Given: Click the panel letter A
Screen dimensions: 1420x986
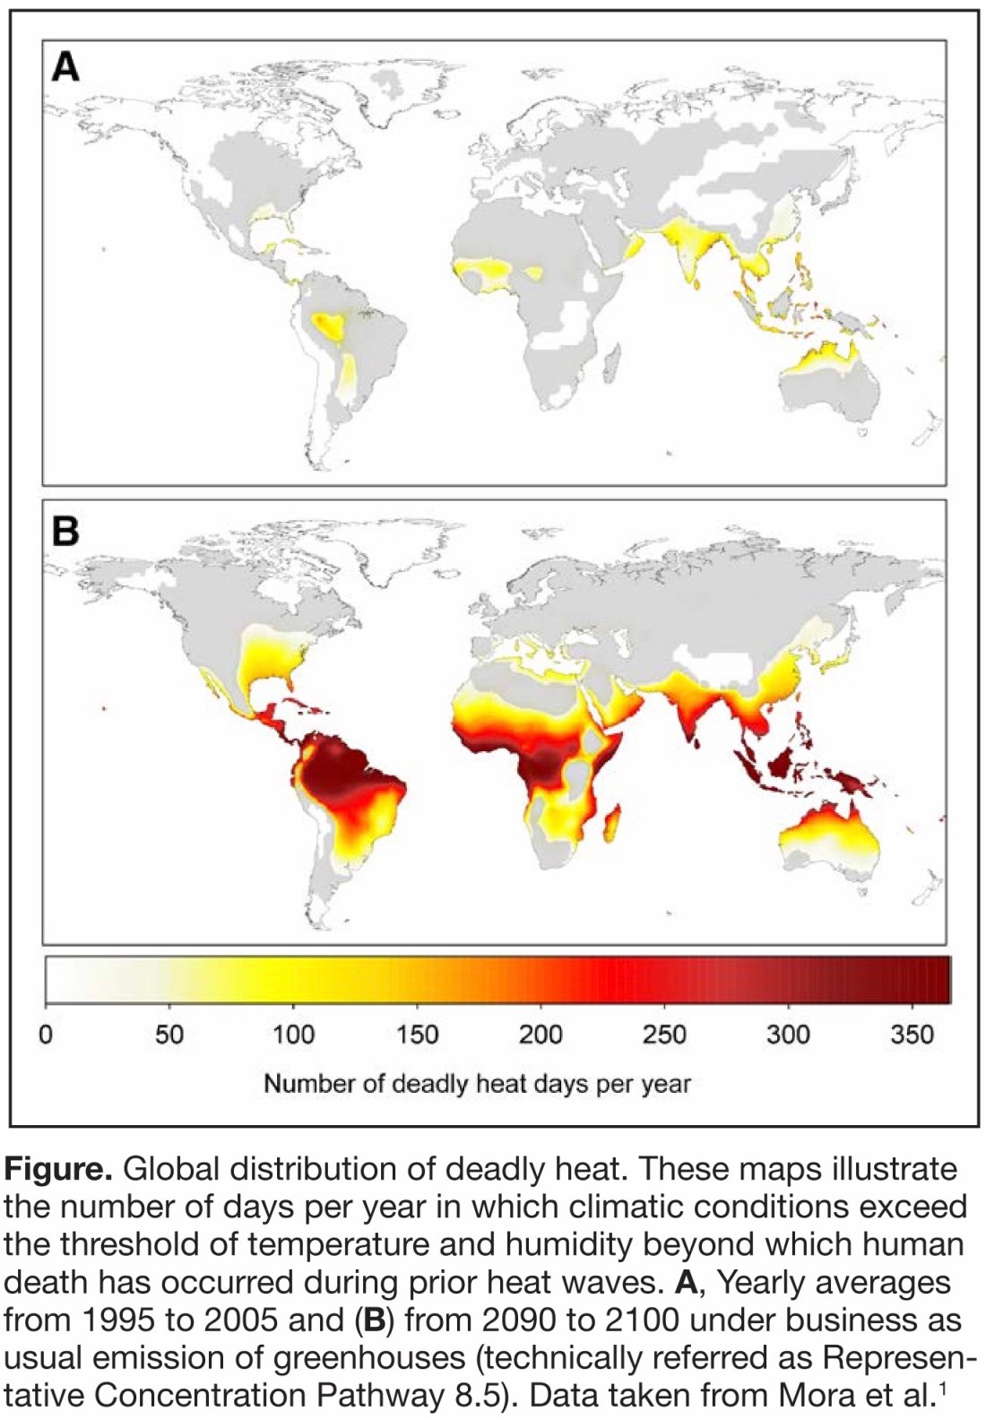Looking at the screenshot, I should coord(65,66).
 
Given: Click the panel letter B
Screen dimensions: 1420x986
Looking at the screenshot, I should coord(65,531).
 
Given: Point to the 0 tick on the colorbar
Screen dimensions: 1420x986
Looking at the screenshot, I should coord(46,1035).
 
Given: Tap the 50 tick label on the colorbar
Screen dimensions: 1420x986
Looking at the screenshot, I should coord(169,1035).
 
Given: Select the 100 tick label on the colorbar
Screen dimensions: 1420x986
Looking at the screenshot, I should coord(293,1035).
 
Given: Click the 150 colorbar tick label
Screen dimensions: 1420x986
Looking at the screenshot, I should coord(417,1035).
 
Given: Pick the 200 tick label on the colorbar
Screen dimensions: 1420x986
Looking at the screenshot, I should coord(541,1035).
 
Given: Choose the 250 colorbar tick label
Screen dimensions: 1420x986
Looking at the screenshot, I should coord(664,1035).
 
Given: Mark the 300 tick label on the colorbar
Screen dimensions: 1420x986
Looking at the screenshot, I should coord(788,1035).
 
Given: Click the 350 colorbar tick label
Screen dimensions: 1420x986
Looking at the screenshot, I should coord(912,1035).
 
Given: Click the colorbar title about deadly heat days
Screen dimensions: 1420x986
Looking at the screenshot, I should coord(477,1084).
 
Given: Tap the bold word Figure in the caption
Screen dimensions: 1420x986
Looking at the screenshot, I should coord(58,1170).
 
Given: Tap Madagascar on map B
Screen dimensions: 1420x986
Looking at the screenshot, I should coord(613,824).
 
